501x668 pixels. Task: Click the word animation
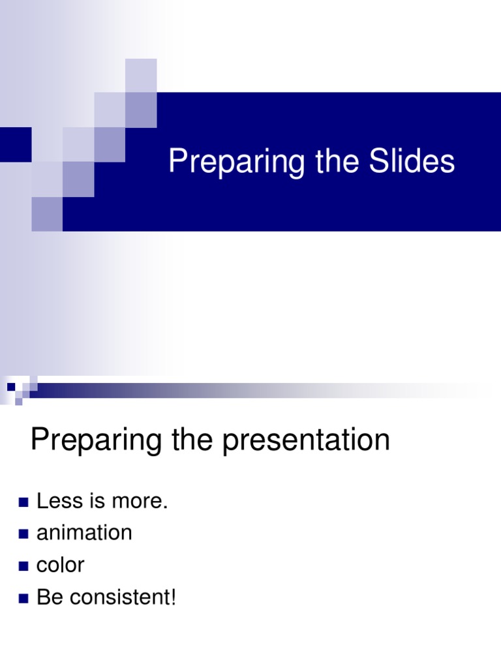tap(84, 533)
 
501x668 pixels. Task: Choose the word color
tap(60, 565)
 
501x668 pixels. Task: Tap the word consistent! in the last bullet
tap(123, 597)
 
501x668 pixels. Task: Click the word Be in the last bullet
tap(48, 597)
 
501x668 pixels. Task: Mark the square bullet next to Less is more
tap(24, 502)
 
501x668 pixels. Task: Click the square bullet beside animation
tap(24, 534)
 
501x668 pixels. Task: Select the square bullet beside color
tap(24, 566)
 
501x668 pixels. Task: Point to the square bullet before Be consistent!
tap(24, 598)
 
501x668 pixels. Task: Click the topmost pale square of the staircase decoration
tap(141, 75)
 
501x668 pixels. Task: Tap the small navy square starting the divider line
tap(11, 387)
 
